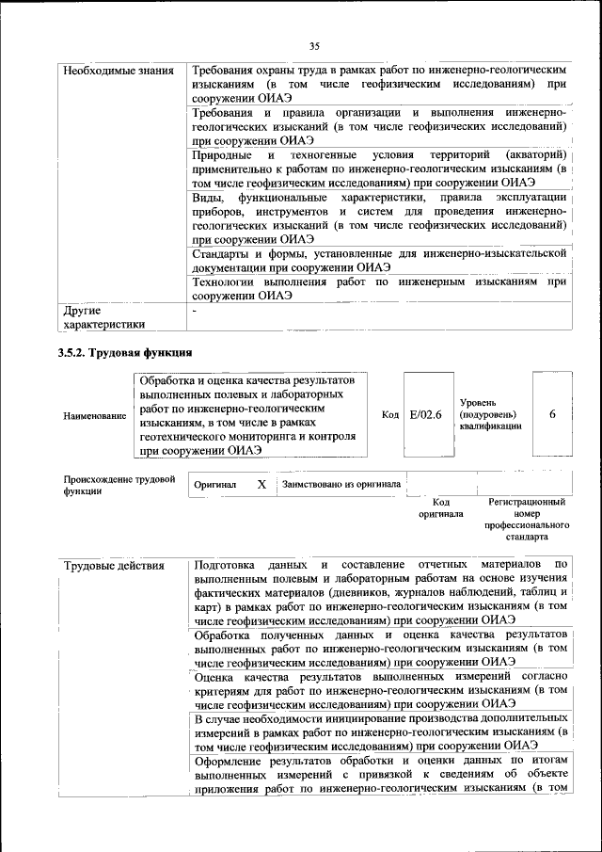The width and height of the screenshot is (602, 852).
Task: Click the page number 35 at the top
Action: tap(314, 44)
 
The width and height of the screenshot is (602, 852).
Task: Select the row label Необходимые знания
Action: tap(117, 71)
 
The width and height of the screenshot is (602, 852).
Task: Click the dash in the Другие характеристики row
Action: tap(195, 310)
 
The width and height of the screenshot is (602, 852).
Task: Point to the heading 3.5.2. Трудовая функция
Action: tap(126, 354)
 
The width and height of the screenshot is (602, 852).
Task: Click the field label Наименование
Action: tap(94, 414)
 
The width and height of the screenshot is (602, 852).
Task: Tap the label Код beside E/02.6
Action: tap(390, 414)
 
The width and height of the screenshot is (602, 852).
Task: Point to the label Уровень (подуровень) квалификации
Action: tap(489, 413)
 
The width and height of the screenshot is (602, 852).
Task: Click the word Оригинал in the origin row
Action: tap(215, 486)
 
